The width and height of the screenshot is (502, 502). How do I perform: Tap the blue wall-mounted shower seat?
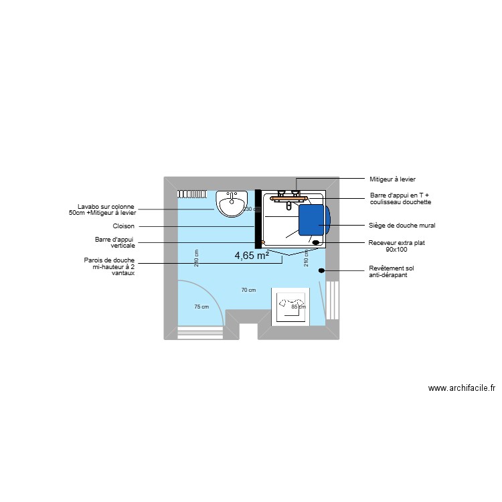314,220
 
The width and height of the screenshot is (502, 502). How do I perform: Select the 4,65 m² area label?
252,255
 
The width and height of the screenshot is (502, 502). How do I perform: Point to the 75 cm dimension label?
201,307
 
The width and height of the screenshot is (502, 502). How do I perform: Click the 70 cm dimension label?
248,290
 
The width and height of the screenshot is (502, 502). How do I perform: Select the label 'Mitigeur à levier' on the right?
393,179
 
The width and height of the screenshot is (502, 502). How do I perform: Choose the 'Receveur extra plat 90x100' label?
397,246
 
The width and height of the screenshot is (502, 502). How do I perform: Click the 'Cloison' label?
124,226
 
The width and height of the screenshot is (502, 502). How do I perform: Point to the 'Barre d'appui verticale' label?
115,242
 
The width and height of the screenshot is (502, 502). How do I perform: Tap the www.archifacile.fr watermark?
461,388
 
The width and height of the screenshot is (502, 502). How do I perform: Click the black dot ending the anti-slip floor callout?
321,270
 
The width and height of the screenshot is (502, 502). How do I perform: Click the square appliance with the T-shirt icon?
290,307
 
